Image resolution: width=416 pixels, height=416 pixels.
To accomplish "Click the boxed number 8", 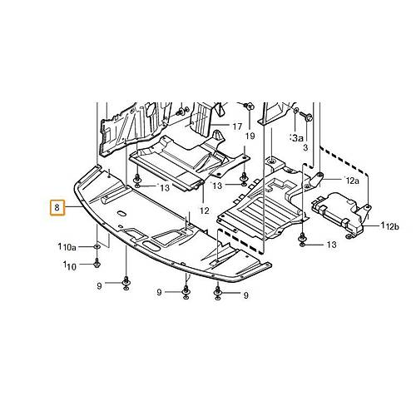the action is pyautogui.click(x=57, y=207).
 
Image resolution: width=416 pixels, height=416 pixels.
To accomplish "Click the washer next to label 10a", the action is pyautogui.click(x=97, y=246).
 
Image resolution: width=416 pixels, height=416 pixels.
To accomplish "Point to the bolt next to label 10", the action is pyautogui.click(x=97, y=263).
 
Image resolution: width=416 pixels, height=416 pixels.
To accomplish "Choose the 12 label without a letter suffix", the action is pyautogui.click(x=205, y=210).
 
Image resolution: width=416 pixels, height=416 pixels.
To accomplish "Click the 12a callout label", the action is pyautogui.click(x=352, y=181).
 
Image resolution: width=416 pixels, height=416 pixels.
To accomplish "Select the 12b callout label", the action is pyautogui.click(x=392, y=227).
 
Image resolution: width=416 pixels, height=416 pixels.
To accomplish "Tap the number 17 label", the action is pyautogui.click(x=237, y=126).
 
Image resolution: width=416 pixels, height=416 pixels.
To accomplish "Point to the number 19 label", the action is pyautogui.click(x=250, y=136).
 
